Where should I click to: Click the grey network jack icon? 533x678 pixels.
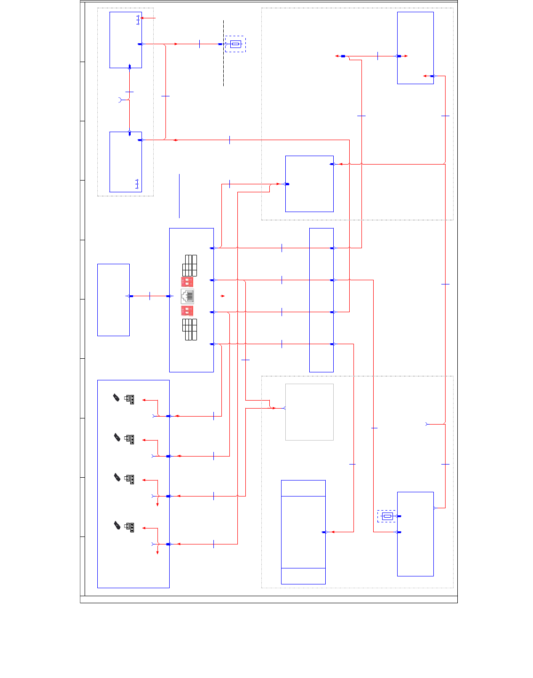click(x=188, y=296)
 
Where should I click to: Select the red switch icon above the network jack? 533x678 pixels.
click(x=187, y=282)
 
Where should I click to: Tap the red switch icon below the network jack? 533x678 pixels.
click(x=187, y=311)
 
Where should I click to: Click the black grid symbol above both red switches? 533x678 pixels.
click(x=190, y=266)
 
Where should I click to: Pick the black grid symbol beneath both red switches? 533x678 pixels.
click(x=190, y=330)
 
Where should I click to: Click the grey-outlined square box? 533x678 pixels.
click(x=309, y=412)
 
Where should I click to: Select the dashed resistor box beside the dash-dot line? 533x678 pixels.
click(x=235, y=44)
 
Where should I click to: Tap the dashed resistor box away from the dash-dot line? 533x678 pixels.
click(x=387, y=516)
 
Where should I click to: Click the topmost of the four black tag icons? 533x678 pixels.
click(x=116, y=398)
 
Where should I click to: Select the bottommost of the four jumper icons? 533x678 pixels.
click(x=130, y=527)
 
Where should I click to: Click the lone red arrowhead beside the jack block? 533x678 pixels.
click(x=223, y=296)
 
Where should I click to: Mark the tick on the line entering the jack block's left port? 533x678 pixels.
click(x=149, y=296)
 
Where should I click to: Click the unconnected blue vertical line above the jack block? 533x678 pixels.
click(x=179, y=196)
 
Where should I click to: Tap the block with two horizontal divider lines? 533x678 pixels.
click(x=303, y=532)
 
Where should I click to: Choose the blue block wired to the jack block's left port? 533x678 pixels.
click(x=113, y=300)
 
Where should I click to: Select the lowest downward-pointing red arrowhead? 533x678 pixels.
click(x=157, y=552)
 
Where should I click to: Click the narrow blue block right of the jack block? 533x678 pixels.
click(x=321, y=300)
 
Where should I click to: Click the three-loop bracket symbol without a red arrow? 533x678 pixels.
click(x=137, y=184)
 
